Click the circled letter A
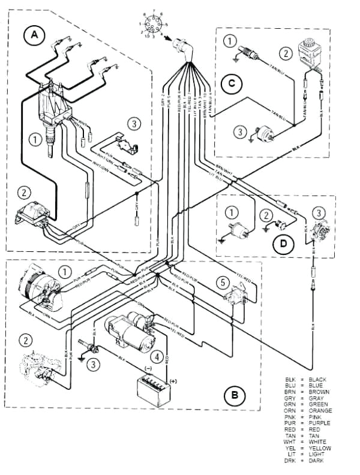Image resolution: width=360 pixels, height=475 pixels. pos(35,35)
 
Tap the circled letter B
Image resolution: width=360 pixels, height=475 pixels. pos(233,395)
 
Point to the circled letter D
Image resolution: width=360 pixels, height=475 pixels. pos(280,243)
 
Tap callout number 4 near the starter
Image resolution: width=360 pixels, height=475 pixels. pos(157,357)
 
